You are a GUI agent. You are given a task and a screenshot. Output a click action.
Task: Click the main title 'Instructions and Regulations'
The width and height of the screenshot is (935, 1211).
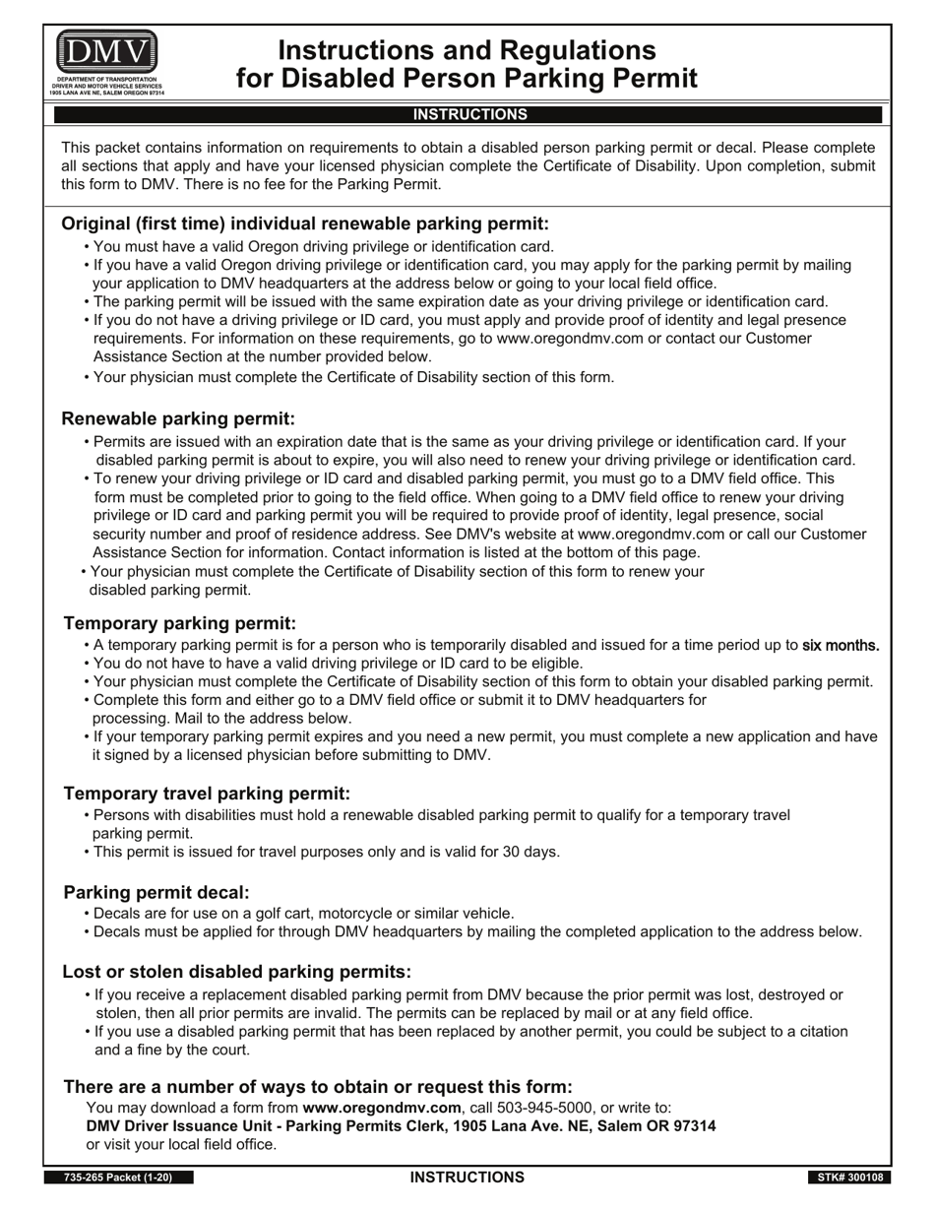point(467,50)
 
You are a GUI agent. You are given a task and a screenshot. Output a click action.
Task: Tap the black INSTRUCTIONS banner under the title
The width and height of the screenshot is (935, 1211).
point(468,114)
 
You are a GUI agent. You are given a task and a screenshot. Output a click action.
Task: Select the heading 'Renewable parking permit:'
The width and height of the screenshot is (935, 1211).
point(178,418)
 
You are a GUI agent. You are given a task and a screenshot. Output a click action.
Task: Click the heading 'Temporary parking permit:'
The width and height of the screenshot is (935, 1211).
point(179,623)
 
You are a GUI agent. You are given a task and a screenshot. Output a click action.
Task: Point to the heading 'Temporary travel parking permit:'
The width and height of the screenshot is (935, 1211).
point(207,794)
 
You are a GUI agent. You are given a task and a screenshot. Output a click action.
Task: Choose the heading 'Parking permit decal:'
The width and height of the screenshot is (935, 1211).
point(156,892)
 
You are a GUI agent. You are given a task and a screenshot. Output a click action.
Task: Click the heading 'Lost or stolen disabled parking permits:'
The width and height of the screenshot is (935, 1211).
point(236,972)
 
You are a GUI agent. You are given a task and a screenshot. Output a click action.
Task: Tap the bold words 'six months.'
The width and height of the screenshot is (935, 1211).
point(841,646)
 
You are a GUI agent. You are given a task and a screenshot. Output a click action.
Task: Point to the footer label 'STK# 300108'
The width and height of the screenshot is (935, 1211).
point(849,1178)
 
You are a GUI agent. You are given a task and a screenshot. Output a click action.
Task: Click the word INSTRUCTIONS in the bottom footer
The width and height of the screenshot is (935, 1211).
point(467,1178)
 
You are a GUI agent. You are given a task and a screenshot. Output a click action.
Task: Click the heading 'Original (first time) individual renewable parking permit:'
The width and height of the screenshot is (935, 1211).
point(305,223)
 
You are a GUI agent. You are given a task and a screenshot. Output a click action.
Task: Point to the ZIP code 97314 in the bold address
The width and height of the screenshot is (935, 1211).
point(694,1125)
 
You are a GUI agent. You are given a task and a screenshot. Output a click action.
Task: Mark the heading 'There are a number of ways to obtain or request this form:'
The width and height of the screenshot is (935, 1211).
point(318,1086)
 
